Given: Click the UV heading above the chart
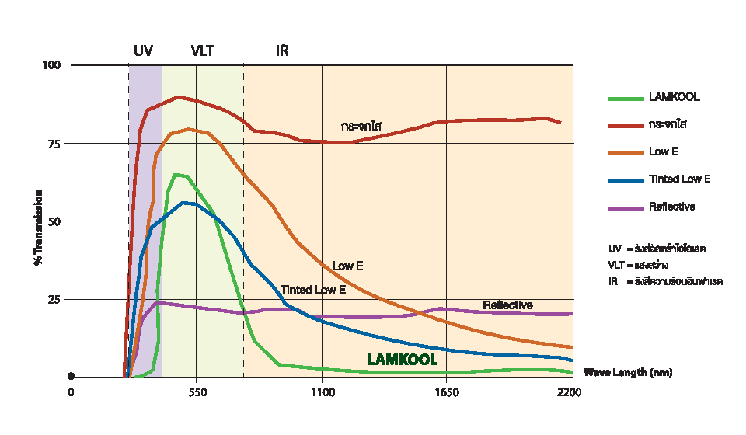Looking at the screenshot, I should (143, 51).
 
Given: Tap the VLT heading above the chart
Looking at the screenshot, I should (202, 51).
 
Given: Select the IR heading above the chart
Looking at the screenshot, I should (282, 51).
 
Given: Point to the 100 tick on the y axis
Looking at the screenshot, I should (51, 64).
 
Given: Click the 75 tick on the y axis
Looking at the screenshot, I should (53, 143).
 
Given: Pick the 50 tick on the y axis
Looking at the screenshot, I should (53, 221).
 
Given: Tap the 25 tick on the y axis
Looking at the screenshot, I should (53, 299).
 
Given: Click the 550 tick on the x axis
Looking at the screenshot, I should (197, 392).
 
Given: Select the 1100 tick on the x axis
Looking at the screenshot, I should (322, 392).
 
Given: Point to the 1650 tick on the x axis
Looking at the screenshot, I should (447, 392).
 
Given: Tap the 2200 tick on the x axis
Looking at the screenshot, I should (570, 392).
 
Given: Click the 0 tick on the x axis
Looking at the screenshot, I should (71, 392).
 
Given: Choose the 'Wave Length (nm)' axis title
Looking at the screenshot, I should (628, 373).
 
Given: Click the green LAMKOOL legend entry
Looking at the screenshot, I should (674, 98).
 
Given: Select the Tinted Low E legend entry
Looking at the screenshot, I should (679, 179).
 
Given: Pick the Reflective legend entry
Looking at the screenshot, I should (671, 207).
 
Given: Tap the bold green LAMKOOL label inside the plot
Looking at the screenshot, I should (403, 360).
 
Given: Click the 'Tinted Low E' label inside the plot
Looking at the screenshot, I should (313, 290).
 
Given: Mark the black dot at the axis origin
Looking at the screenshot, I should (71, 376).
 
